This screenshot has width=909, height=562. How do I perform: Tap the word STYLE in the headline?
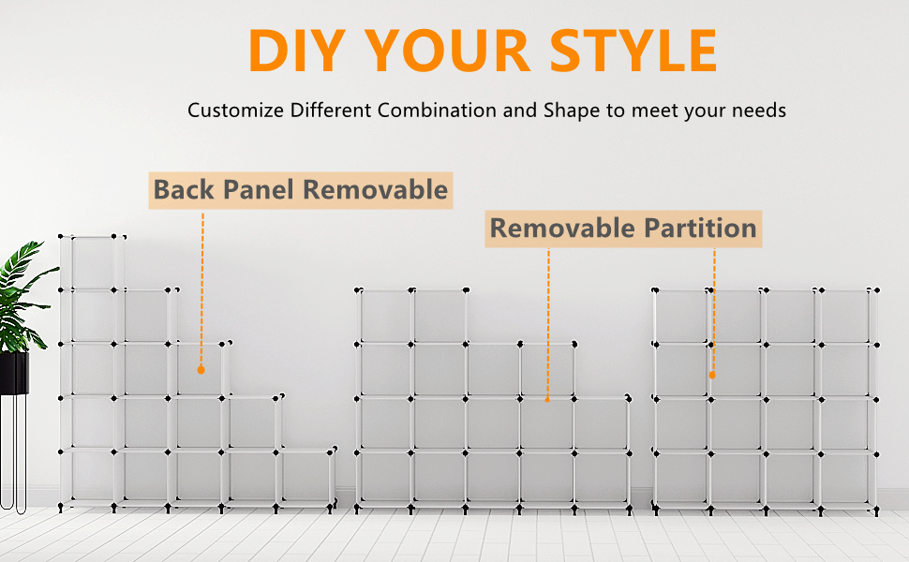pos(633,51)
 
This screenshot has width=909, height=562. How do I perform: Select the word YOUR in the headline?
pos(448,51)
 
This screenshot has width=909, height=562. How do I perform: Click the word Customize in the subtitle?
pos(235,111)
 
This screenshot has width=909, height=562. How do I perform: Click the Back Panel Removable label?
pos(300,190)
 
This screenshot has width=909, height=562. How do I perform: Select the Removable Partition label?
pos(623,229)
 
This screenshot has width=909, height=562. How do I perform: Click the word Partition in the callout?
pos(700,229)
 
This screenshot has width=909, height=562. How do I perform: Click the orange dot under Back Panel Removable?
pos(201,370)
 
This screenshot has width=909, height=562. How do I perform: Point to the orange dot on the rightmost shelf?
pos(712,376)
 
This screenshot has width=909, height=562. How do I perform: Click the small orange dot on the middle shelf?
pos(547,400)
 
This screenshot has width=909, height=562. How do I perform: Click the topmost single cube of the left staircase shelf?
pos(92,262)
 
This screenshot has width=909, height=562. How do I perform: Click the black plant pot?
pos(14,373)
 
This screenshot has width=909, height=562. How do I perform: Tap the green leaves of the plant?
pos(21,295)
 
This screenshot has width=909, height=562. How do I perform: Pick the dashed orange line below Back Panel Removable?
pos(201,288)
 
